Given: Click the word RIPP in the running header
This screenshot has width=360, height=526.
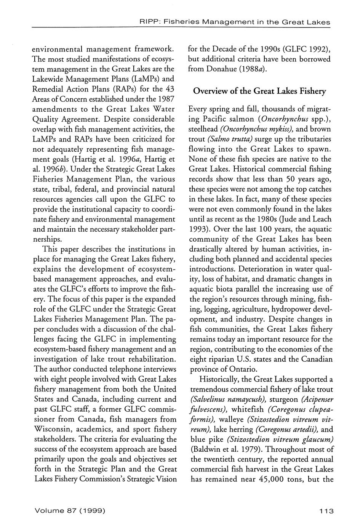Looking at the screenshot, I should point(149,22).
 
